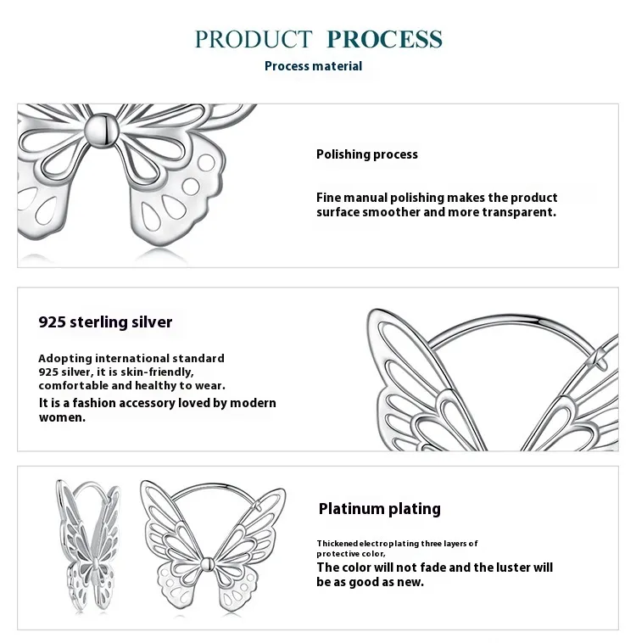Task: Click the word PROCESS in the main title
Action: (x=384, y=39)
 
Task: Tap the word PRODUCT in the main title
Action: (x=254, y=39)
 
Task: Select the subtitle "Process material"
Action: (x=313, y=66)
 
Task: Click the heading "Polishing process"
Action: (x=367, y=154)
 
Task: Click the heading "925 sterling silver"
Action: (x=105, y=322)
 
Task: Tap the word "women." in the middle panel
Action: (x=62, y=417)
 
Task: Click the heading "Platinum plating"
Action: (x=379, y=509)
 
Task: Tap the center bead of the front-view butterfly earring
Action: (x=209, y=564)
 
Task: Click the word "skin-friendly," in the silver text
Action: (x=157, y=372)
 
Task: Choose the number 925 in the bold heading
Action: (x=53, y=322)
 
